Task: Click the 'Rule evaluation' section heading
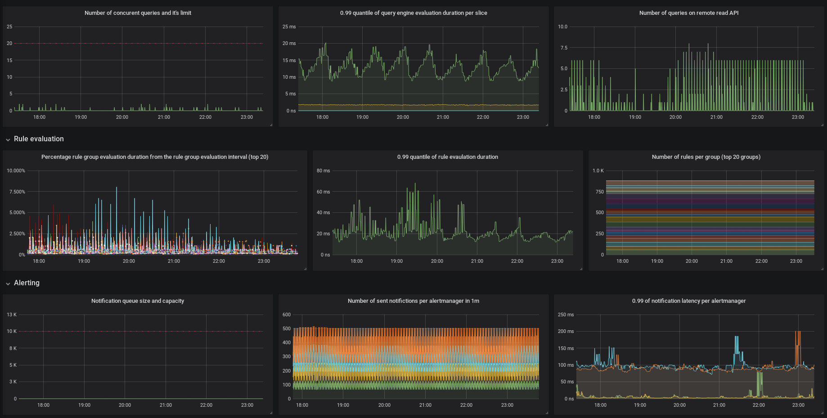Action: [39, 139]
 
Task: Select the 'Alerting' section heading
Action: [27, 283]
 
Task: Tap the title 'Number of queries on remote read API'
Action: [688, 13]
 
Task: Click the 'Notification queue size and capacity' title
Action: [138, 301]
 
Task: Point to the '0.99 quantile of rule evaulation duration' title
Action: [447, 157]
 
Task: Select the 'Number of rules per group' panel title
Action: [706, 157]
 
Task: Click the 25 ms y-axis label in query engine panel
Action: [289, 27]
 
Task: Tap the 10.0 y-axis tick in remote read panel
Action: [562, 27]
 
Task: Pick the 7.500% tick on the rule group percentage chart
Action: [17, 192]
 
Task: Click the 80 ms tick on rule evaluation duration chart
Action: [323, 171]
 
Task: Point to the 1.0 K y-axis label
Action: [598, 171]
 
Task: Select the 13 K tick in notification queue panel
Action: [12, 315]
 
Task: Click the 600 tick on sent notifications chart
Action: [287, 315]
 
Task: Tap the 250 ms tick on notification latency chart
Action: [566, 315]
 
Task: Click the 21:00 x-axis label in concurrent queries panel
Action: [164, 117]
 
